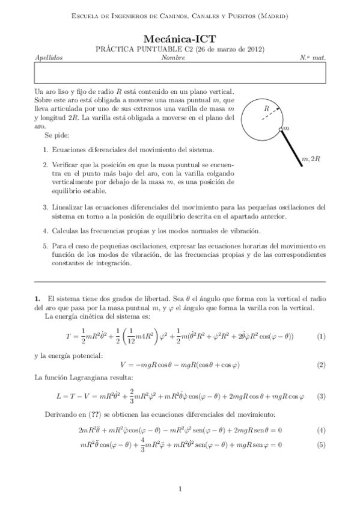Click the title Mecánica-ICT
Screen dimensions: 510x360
[x=180, y=38]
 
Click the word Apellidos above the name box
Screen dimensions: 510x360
[x=49, y=58]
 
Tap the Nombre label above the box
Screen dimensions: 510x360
[x=173, y=58]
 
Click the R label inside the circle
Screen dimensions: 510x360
[x=266, y=108]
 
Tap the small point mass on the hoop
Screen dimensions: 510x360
[x=281, y=129]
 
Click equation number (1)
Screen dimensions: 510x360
[x=320, y=336]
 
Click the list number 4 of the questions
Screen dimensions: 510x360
[x=46, y=230]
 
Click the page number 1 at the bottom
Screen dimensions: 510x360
[x=180, y=488]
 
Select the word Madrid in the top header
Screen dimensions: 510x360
[x=272, y=16]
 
